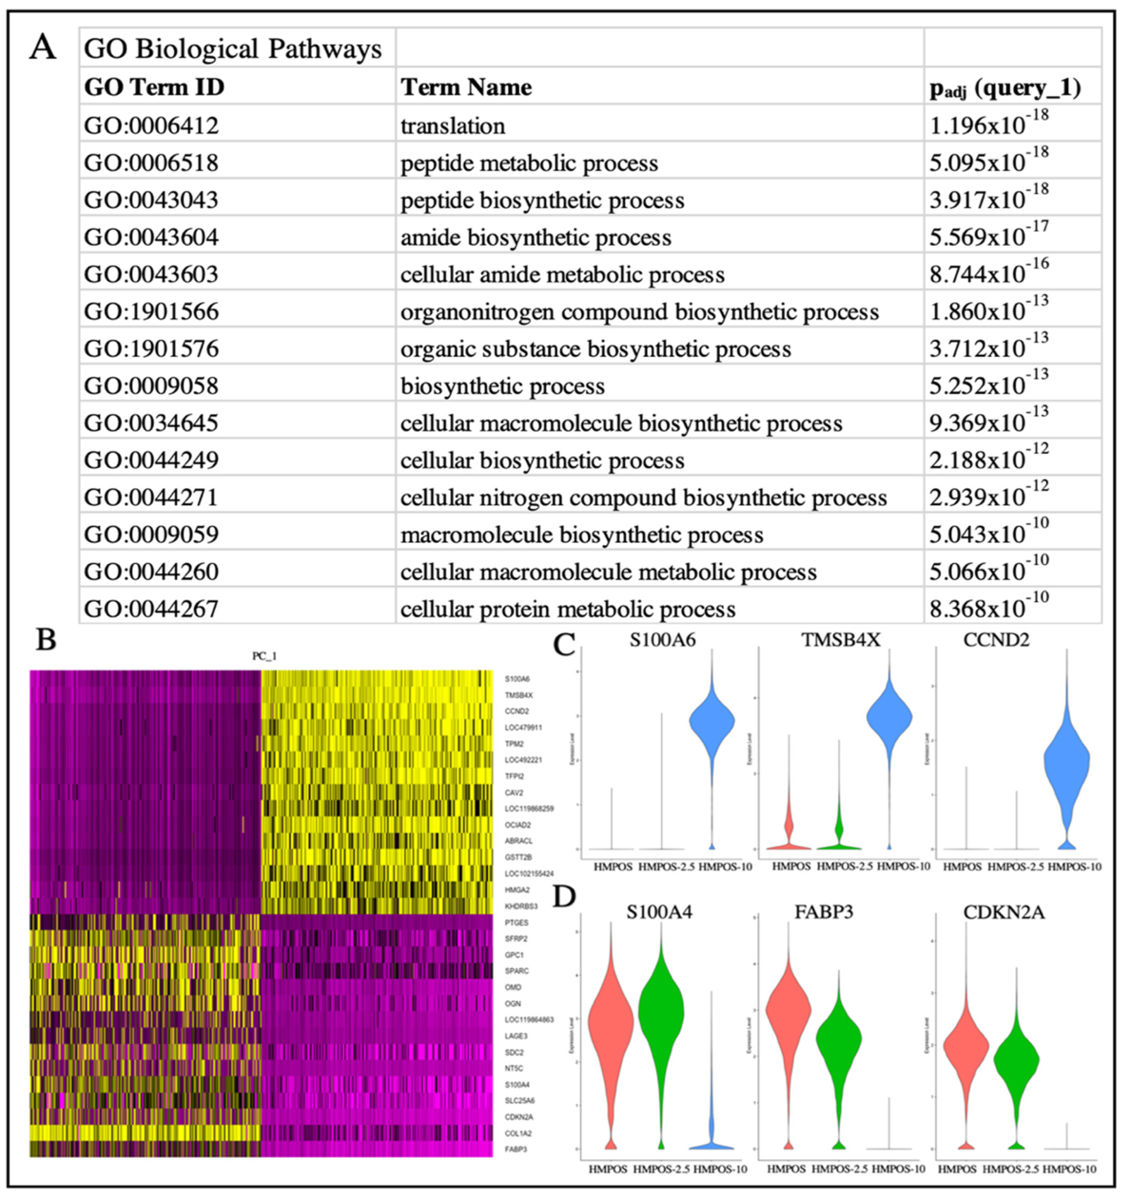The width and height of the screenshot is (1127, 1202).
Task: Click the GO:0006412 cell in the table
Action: click(x=151, y=126)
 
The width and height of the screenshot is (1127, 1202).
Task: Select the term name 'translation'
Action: click(x=453, y=126)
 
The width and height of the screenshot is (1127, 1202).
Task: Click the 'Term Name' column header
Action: click(x=466, y=88)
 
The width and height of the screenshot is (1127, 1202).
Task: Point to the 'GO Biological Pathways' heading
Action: click(x=233, y=49)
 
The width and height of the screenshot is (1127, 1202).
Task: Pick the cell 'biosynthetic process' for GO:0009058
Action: click(x=502, y=386)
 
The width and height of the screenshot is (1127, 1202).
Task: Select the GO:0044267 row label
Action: click(x=151, y=608)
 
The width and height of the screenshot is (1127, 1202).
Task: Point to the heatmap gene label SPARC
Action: click(x=517, y=971)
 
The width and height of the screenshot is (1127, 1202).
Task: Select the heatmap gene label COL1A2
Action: click(x=518, y=1133)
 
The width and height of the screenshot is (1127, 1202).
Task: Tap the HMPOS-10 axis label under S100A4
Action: click(x=720, y=1169)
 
